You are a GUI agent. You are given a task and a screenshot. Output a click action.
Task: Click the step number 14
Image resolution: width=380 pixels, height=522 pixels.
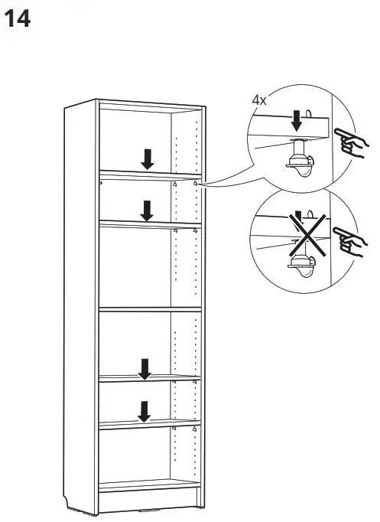click(x=18, y=19)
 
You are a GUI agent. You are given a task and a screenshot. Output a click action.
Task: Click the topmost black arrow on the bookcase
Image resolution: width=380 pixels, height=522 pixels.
click(x=147, y=158)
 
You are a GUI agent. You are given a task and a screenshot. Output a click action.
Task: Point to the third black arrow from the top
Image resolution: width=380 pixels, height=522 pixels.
click(x=144, y=369)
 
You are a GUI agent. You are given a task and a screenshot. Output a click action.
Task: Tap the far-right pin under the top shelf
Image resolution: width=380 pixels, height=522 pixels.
click(x=196, y=184)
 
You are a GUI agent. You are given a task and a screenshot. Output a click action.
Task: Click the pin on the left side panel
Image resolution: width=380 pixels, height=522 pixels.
click(x=101, y=182)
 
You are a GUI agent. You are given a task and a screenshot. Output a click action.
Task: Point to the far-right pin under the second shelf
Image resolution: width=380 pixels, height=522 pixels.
click(x=196, y=230)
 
